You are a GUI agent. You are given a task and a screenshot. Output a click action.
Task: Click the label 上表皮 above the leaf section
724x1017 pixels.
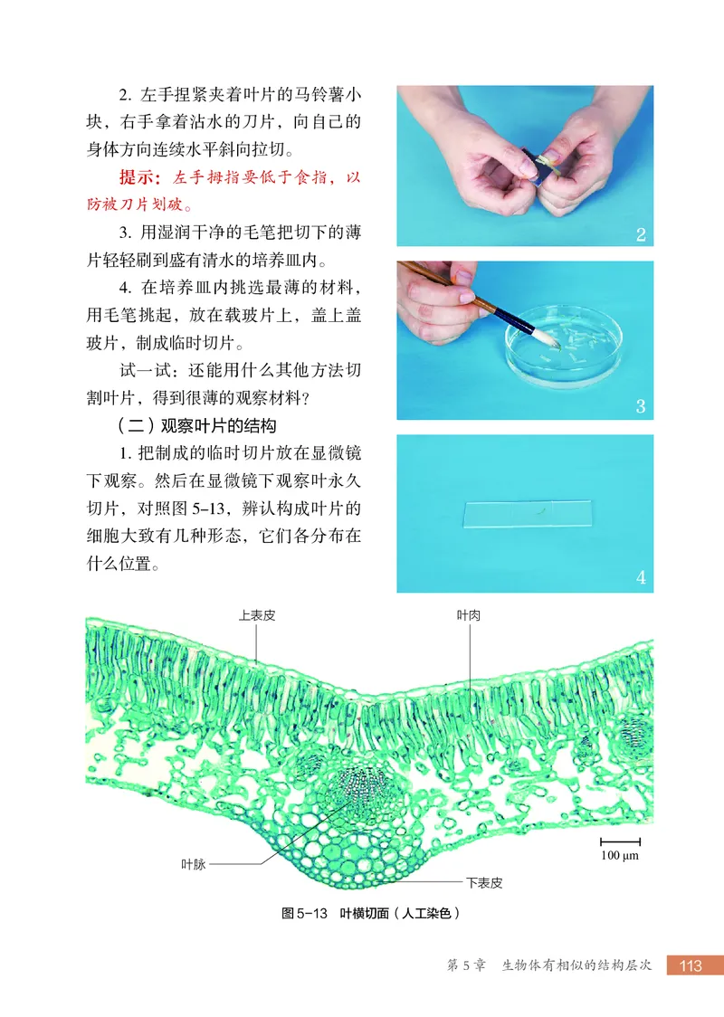(257, 614)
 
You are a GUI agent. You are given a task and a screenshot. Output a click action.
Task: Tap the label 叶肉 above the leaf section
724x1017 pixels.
(468, 614)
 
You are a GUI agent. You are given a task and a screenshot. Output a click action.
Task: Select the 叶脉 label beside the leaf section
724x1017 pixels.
(194, 864)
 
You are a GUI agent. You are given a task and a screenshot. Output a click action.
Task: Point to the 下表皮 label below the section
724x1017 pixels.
(484, 880)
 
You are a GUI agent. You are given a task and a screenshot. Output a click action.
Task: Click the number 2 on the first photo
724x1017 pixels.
(641, 235)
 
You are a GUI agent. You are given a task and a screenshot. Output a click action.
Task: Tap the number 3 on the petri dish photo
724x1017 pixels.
(641, 407)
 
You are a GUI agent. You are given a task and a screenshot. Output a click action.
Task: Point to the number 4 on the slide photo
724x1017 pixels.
(641, 577)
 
